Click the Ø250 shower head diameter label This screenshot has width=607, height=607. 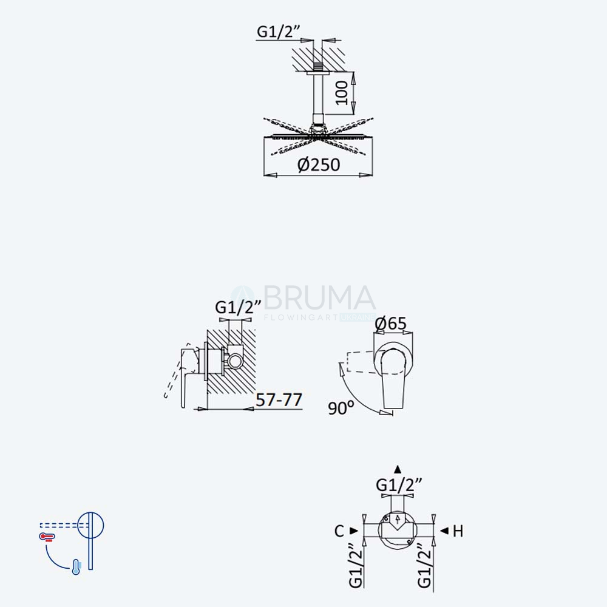click(x=319, y=164)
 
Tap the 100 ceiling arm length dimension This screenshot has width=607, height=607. click(x=341, y=93)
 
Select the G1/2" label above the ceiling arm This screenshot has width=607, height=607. click(x=279, y=31)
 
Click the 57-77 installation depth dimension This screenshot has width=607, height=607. click(x=279, y=399)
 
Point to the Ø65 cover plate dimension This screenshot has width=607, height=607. click(x=390, y=324)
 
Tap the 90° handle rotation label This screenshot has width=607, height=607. click(x=341, y=408)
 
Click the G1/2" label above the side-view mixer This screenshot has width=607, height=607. click(x=237, y=307)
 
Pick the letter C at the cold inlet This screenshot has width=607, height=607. click(x=339, y=531)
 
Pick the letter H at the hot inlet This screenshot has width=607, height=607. click(x=458, y=531)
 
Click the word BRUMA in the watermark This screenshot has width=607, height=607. click(x=319, y=297)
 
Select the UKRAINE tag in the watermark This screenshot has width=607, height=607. click(x=357, y=317)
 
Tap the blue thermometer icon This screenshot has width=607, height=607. click(x=76, y=567)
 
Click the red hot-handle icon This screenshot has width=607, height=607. click(x=47, y=537)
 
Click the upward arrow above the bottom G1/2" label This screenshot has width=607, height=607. click(x=398, y=470)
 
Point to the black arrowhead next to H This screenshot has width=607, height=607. click(x=444, y=531)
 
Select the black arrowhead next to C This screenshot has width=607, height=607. click(x=353, y=531)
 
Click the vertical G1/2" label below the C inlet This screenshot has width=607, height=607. click(x=356, y=566)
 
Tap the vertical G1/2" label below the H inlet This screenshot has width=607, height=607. click(x=425, y=566)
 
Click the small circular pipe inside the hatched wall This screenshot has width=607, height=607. click(x=234, y=361)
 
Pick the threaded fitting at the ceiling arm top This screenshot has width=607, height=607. click(x=318, y=66)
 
